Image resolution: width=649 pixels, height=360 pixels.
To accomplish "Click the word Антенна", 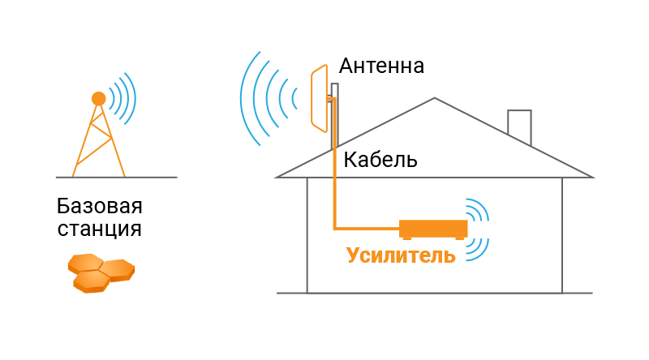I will pyautogui.click(x=381, y=66).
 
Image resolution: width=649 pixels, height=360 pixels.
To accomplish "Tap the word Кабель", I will pyautogui.click(x=380, y=159).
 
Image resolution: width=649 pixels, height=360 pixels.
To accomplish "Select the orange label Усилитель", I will pyautogui.click(x=401, y=255).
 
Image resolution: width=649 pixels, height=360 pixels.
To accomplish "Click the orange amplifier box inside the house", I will pyautogui.click(x=433, y=228).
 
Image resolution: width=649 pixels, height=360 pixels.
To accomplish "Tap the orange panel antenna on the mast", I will pyautogui.click(x=317, y=98).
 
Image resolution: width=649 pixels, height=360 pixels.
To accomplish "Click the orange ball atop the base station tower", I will pyautogui.click(x=98, y=99).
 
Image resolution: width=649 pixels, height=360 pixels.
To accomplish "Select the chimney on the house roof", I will pyautogui.click(x=519, y=126).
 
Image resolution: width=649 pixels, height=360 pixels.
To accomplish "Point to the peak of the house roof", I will pyautogui.click(x=435, y=99).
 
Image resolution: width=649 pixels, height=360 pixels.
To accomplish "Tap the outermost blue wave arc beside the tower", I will pyautogui.click(x=131, y=98).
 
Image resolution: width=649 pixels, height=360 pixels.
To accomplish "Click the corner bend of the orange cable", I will pyautogui.click(x=335, y=227).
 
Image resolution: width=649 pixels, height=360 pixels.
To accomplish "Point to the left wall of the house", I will pyautogui.click(x=307, y=235).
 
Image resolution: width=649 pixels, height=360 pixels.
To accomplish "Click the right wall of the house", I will pyautogui.click(x=562, y=235).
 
